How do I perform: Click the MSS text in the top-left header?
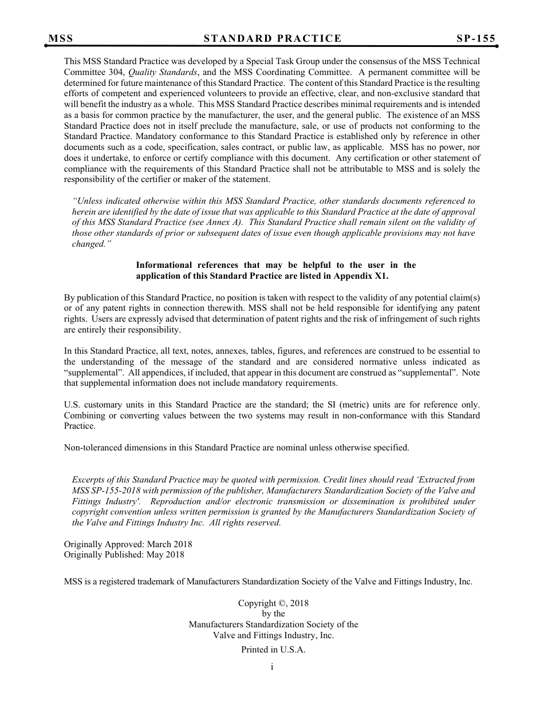click(61, 38)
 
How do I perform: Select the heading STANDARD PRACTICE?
click(273, 38)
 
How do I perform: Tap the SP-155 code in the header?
click(476, 38)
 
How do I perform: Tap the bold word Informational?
click(164, 265)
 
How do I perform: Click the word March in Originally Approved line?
click(159, 544)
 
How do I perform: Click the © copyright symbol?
click(281, 603)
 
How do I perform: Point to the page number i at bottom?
click(272, 667)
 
